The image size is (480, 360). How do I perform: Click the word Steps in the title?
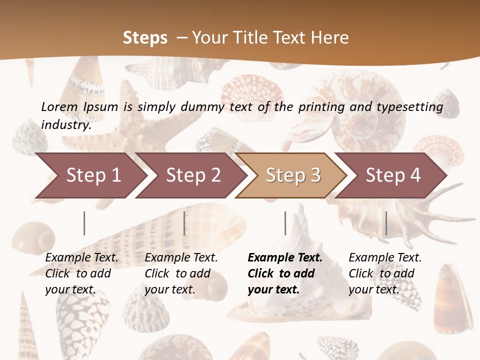[145, 38]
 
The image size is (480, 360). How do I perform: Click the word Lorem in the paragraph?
[59, 106]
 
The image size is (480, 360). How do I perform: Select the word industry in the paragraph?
[65, 125]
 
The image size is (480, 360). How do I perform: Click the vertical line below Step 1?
[84, 223]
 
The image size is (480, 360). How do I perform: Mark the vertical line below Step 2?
[184, 223]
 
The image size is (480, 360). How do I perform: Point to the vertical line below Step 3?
[285, 223]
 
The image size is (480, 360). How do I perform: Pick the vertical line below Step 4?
[386, 223]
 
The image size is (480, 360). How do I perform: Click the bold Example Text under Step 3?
[285, 258]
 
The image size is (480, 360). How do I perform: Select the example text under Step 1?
[81, 273]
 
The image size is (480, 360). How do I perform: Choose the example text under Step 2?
[181, 273]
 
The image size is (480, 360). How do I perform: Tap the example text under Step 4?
[385, 273]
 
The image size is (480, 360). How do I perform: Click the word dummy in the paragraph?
[203, 107]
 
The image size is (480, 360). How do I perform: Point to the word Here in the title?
[329, 38]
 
